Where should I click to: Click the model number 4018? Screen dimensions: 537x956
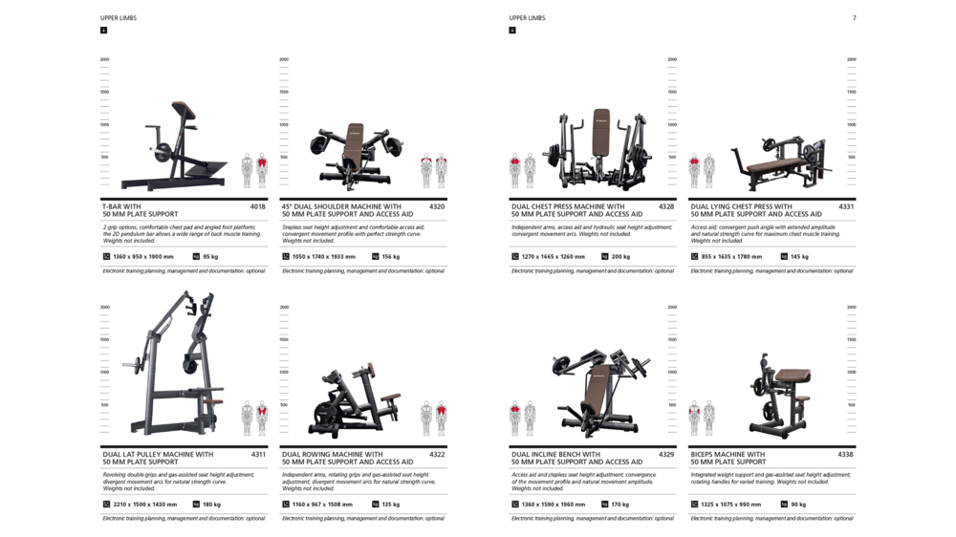(258, 206)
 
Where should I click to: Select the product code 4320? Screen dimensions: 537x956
(437, 206)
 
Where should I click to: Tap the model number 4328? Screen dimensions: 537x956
(666, 206)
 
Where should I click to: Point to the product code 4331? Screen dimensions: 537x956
(846, 206)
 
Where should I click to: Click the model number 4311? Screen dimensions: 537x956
(258, 455)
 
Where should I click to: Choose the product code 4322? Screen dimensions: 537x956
(437, 455)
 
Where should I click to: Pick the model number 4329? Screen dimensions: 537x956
(666, 455)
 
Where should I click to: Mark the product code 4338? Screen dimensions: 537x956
(846, 455)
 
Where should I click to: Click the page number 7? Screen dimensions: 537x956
(854, 18)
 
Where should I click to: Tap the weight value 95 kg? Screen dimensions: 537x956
(210, 257)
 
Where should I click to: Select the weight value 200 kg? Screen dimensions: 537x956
(620, 257)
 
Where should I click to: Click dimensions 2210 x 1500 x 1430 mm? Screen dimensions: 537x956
(145, 505)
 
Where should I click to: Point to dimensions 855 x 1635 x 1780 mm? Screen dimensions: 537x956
(731, 257)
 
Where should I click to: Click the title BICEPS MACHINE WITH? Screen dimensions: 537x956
(728, 455)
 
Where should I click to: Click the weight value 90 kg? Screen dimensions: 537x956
(798, 505)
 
